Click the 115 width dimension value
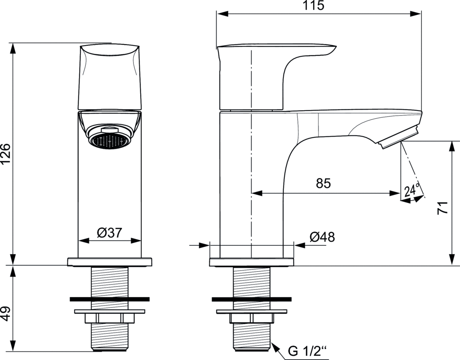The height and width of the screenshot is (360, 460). tap(314, 5)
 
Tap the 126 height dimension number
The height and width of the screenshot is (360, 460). tap(5, 154)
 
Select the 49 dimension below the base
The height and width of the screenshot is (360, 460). tap(5, 314)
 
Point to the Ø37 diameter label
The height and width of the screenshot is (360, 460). tap(110, 233)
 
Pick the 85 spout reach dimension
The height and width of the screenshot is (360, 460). tap(323, 183)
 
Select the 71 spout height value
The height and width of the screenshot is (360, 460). tap(443, 208)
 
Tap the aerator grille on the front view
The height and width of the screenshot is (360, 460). tap(110, 141)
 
